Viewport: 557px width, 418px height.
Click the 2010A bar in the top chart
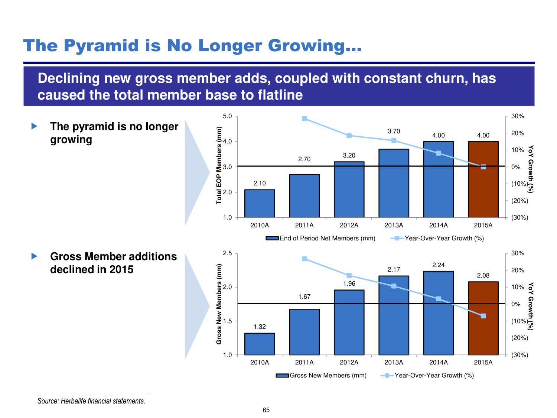click(x=260, y=204)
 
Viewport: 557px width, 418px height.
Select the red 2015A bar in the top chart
click(x=483, y=179)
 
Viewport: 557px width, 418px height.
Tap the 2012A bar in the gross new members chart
click(x=349, y=323)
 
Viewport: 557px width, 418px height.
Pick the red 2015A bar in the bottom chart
click(x=483, y=318)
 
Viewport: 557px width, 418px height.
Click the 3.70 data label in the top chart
click(x=394, y=131)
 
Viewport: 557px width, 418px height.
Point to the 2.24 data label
click(x=439, y=265)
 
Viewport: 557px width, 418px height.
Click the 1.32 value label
click(x=260, y=327)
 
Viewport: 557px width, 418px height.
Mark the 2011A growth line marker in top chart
click(x=304, y=119)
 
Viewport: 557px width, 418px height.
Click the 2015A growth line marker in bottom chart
click(x=483, y=316)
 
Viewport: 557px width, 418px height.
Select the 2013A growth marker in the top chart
click(x=394, y=140)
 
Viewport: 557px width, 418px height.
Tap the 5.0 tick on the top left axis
click(x=227, y=116)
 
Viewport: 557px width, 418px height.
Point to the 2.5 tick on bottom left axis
click(x=227, y=253)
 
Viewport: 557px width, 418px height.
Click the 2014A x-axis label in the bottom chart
click(x=439, y=362)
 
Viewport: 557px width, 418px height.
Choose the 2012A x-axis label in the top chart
click(x=349, y=225)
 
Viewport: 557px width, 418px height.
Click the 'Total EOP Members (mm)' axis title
click(x=219, y=165)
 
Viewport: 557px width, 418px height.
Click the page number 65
click(x=266, y=410)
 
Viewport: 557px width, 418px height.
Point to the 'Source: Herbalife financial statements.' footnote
click(x=91, y=401)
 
